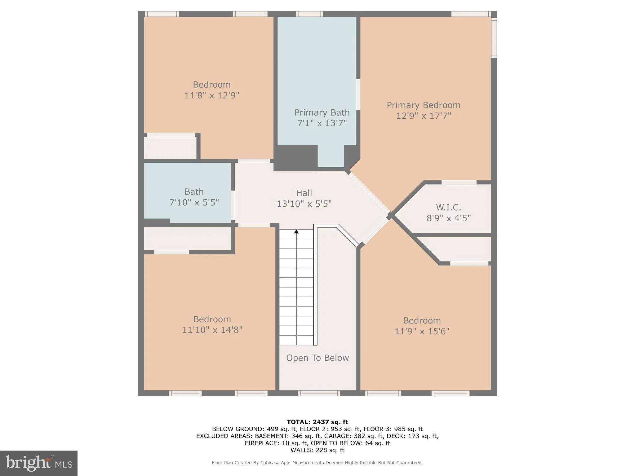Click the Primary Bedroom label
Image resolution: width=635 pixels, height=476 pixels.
point(423,105)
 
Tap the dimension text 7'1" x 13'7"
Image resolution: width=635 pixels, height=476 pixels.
point(322,123)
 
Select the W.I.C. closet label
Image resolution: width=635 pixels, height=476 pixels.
point(448,207)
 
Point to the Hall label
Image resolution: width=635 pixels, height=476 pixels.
point(304,193)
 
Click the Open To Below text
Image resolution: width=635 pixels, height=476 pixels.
point(317,358)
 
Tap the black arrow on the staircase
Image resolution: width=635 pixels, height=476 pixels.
point(296,231)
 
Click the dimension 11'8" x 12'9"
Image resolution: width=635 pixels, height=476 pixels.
point(212,95)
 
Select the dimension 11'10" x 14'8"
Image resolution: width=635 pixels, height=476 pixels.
point(212,330)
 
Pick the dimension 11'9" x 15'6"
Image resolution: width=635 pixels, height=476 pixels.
point(422,331)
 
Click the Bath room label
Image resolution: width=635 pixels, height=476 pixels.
point(194,192)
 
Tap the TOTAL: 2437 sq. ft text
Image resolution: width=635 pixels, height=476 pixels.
point(317,422)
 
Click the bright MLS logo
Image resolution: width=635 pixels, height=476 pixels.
point(39,463)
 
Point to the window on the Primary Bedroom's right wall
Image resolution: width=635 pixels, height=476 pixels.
point(494,38)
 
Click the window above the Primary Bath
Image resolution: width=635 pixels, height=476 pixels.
point(309,14)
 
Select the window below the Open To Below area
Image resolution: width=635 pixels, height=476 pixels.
point(319,393)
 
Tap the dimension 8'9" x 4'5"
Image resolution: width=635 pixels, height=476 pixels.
point(448,218)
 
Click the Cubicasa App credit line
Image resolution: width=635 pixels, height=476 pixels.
point(317,463)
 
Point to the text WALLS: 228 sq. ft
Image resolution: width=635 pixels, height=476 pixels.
point(317,450)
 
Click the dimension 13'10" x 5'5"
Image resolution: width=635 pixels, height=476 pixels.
point(304,204)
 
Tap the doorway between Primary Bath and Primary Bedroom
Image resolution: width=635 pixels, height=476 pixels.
point(358,95)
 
